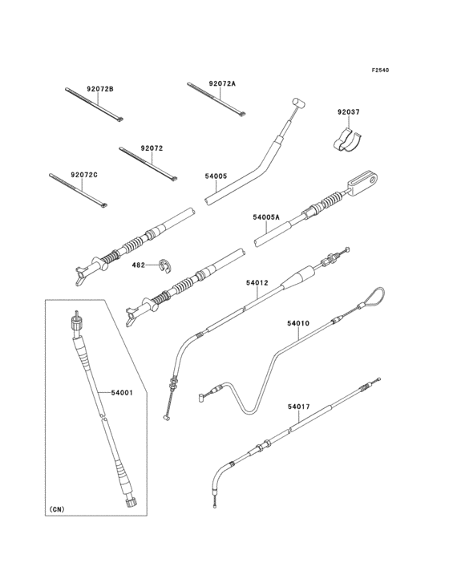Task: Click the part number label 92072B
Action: (x=100, y=89)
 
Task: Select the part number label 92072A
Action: (x=222, y=84)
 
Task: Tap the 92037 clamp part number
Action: (x=348, y=112)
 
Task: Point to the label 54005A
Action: (x=266, y=217)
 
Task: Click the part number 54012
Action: (x=257, y=283)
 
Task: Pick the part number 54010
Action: (x=298, y=323)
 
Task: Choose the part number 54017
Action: (x=299, y=407)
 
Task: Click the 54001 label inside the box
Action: (x=122, y=392)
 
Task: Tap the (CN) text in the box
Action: (x=56, y=509)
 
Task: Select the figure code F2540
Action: (x=380, y=70)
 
